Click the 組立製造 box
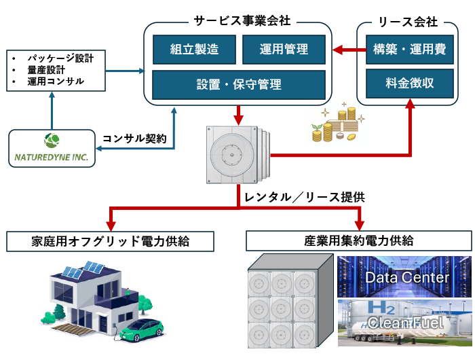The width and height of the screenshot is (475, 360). click(x=194, y=50)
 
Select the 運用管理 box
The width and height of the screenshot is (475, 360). click(x=284, y=50)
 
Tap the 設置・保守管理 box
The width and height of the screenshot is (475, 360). click(x=239, y=85)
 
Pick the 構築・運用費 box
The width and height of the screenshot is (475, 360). click(x=410, y=50)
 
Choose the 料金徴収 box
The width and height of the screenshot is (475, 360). click(x=410, y=83)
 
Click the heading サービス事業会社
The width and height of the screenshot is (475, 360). click(x=242, y=21)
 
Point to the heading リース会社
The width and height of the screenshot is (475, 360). click(x=408, y=22)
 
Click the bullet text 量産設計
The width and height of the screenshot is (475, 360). click(x=46, y=70)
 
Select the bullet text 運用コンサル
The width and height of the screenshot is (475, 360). click(x=56, y=82)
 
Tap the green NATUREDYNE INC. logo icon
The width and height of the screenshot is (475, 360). click(x=52, y=140)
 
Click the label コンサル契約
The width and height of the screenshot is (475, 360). click(x=134, y=139)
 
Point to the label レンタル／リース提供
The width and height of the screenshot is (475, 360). click(x=304, y=197)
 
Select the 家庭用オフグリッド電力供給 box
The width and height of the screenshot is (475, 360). click(x=110, y=241)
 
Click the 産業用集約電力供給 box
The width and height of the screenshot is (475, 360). click(x=359, y=241)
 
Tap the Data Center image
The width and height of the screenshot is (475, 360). click(x=404, y=276)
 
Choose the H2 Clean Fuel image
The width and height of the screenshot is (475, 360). click(x=404, y=323)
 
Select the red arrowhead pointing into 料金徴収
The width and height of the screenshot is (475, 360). click(x=410, y=104)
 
